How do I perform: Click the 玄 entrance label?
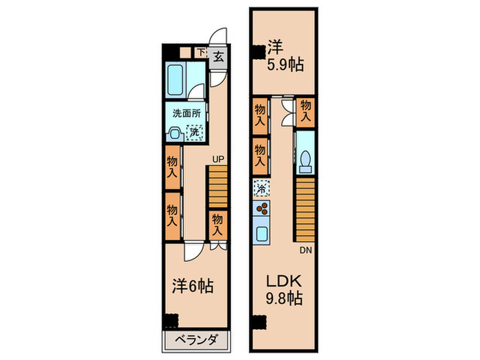[218, 56]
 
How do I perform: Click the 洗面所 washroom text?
[185, 113]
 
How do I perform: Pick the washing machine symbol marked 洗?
[195, 131]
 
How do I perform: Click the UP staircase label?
[218, 160]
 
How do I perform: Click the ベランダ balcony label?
[196, 341]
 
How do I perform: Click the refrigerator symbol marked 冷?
[261, 187]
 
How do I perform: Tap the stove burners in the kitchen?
[261, 209]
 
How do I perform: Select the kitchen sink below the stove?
[261, 233]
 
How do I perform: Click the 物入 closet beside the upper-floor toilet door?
[306, 110]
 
